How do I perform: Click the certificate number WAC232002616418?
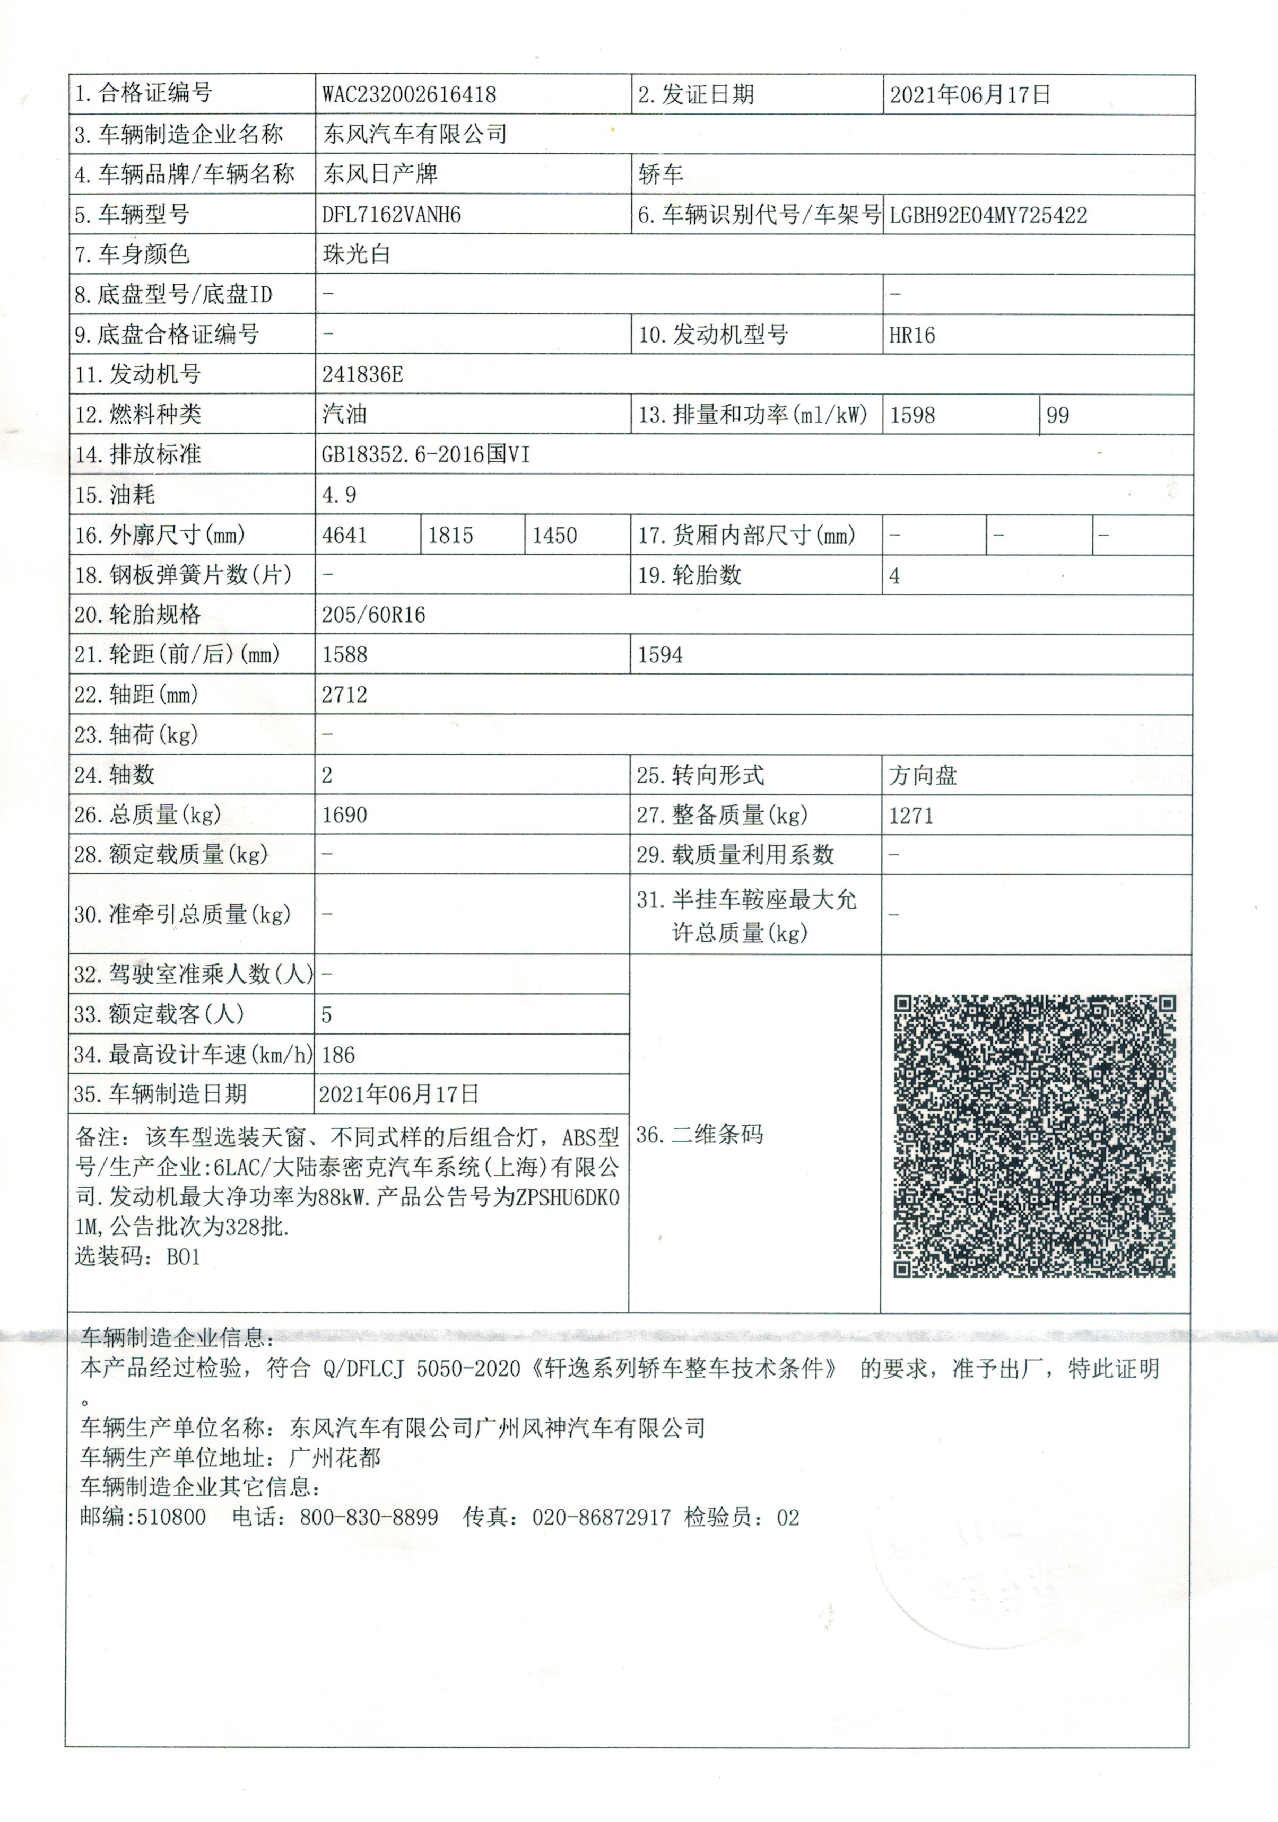pyautogui.click(x=409, y=95)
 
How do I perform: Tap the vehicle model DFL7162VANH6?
pyautogui.click(x=392, y=215)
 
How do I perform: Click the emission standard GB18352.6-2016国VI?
pyautogui.click(x=425, y=455)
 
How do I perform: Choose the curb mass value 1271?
pyautogui.click(x=911, y=815)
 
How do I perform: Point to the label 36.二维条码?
pyautogui.click(x=699, y=1135)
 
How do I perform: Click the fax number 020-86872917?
pyautogui.click(x=601, y=1517)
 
